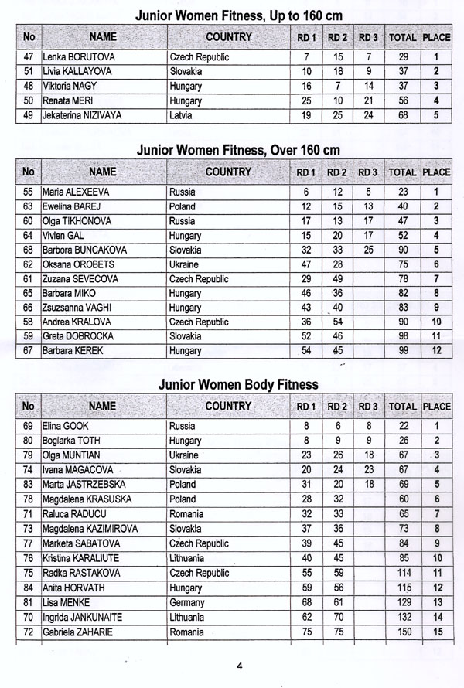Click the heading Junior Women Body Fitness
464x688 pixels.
point(237,383)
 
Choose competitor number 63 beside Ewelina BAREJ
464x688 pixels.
point(28,206)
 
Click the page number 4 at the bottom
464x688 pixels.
point(240,666)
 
